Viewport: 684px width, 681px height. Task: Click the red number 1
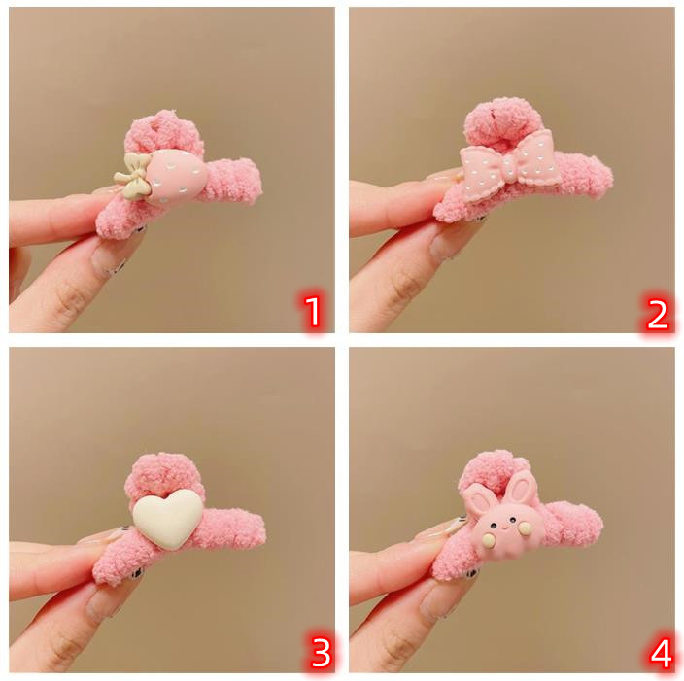312,312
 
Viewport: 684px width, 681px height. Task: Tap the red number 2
658,314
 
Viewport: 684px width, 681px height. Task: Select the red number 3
321,653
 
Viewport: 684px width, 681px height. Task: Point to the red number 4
661,654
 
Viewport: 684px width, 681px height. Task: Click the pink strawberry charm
176,177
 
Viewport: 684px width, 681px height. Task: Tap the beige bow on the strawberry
131,177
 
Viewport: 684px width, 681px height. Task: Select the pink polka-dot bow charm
510,167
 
